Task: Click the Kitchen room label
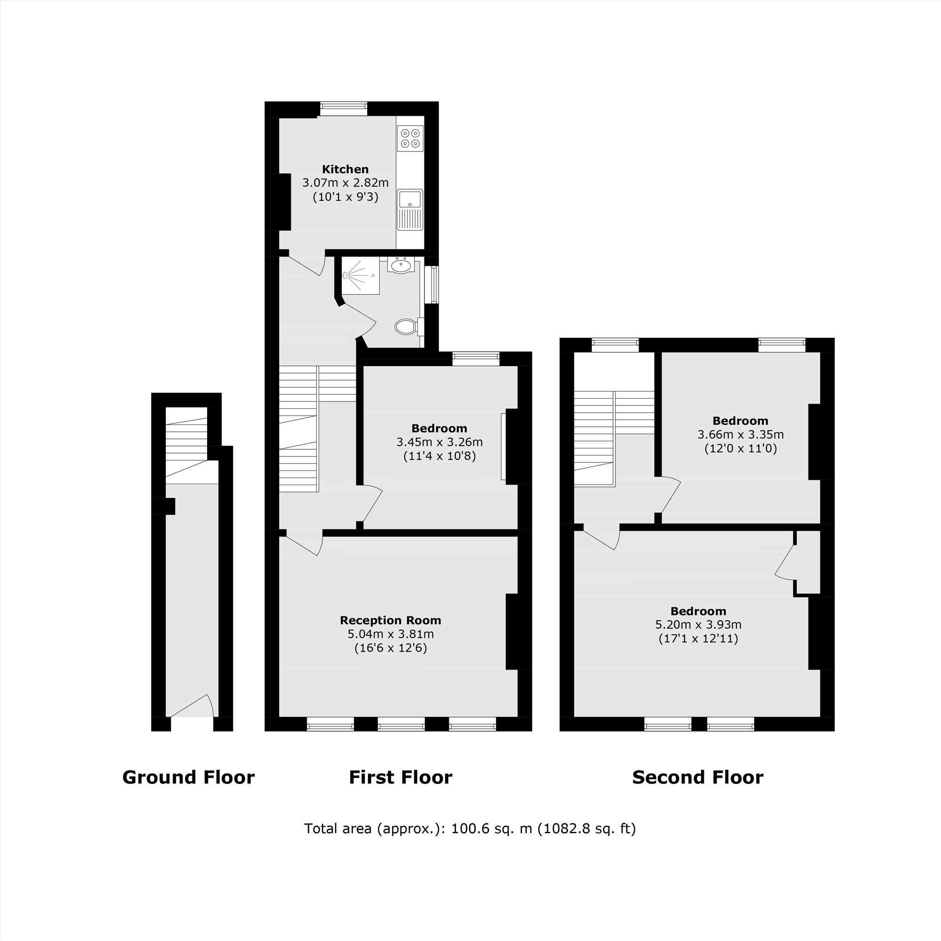[x=345, y=169]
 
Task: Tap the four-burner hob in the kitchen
[x=410, y=138]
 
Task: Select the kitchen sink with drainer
[x=410, y=209]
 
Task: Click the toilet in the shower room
[x=406, y=327]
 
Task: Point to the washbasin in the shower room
[x=401, y=265]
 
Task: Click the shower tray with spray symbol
[x=360, y=276]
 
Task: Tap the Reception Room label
[x=390, y=620]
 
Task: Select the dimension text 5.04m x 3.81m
[x=390, y=634]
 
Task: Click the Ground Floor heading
[x=188, y=777]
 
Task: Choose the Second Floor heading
[x=697, y=777]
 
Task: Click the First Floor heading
[x=400, y=777]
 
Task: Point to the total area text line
[x=470, y=829]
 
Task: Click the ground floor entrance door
[x=192, y=707]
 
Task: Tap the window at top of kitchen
[x=343, y=108]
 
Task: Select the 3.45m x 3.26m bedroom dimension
[x=439, y=442]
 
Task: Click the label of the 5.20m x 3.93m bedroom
[x=698, y=611]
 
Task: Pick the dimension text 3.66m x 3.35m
[x=740, y=434]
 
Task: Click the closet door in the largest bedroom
[x=784, y=563]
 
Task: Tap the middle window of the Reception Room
[x=401, y=724]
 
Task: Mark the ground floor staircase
[x=186, y=443]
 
